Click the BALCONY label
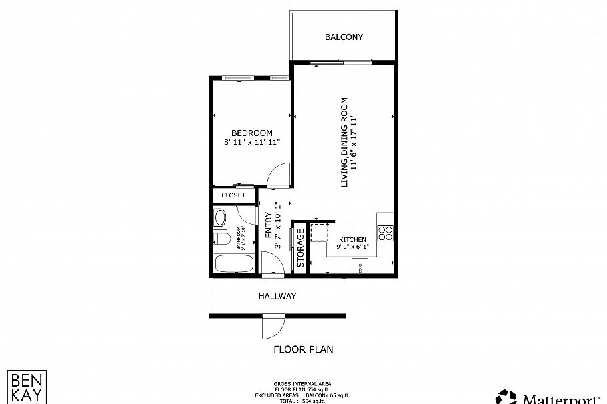(344, 37)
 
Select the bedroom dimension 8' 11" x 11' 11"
(251, 142)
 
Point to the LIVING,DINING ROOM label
(344, 142)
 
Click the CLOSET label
(233, 195)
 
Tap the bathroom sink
(221, 217)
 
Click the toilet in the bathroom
(222, 239)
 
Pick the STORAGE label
(301, 248)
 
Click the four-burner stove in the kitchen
(386, 232)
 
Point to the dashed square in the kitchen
(319, 232)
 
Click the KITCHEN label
(352, 239)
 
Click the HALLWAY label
(277, 296)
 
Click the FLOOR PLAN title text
(303, 349)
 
